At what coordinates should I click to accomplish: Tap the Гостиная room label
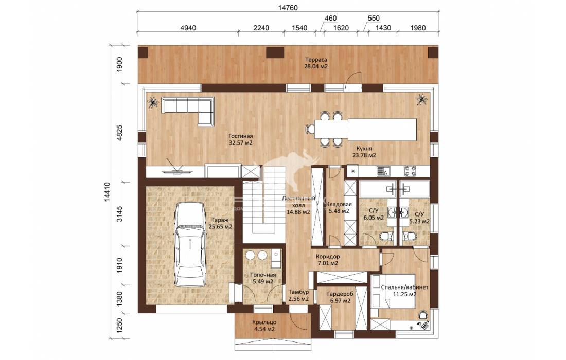pos(240,136)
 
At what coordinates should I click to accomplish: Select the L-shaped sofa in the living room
pos(187,111)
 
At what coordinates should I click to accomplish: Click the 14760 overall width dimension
pos(288,8)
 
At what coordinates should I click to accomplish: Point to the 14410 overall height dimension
pos(108,191)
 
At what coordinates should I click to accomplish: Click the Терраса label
pos(316,60)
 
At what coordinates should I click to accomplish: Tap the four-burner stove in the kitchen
pos(410,171)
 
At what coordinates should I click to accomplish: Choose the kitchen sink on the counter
pos(382,171)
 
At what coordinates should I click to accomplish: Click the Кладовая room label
pos(339,205)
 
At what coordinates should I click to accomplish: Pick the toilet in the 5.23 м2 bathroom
pos(410,237)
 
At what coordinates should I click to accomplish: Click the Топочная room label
pos(263,275)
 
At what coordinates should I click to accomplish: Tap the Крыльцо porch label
pos(264,322)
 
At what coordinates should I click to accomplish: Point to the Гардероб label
pos(340,294)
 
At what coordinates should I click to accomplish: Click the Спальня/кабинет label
pos(404,287)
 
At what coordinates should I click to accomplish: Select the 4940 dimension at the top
pos(188,28)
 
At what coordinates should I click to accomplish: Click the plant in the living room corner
pos(153,102)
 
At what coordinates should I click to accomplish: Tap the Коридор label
pos(327,257)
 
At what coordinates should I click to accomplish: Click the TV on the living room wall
pos(175,169)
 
